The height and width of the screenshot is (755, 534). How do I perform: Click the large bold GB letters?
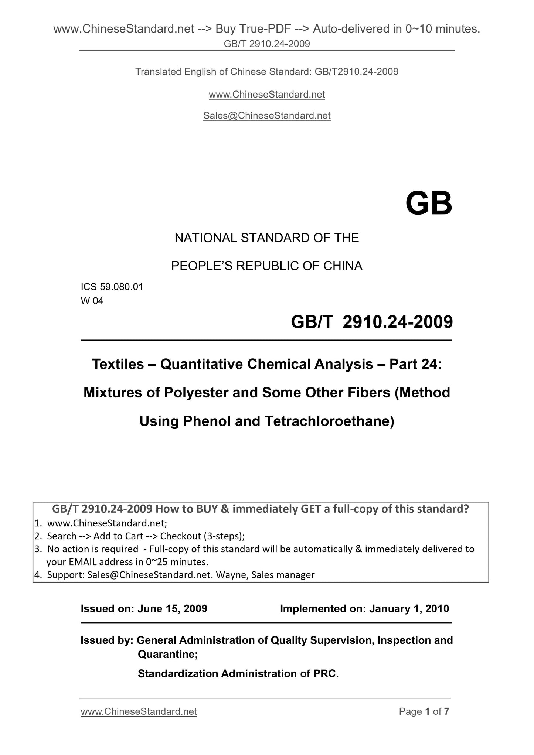coord(429,204)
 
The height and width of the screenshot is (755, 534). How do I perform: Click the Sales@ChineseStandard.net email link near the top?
coord(267,116)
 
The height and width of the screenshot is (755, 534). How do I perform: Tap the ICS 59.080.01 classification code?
coord(112,287)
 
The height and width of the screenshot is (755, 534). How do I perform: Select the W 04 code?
coord(92,301)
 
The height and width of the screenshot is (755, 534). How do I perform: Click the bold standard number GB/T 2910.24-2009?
coord(371,322)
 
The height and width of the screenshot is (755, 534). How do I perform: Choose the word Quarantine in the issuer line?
coord(167,654)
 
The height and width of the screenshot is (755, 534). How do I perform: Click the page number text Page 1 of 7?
coord(424,711)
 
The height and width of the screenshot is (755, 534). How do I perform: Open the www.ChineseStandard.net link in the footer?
coord(139,711)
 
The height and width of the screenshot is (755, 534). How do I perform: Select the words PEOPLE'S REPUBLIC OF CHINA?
coord(266,266)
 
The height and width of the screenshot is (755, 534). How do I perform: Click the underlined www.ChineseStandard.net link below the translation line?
coord(267,95)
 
